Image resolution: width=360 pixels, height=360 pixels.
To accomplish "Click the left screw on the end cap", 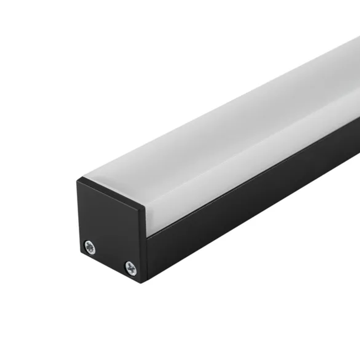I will click(90, 247).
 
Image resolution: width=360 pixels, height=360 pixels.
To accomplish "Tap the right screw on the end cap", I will click(131, 268).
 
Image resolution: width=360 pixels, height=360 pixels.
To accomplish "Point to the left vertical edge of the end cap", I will click(78, 216).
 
